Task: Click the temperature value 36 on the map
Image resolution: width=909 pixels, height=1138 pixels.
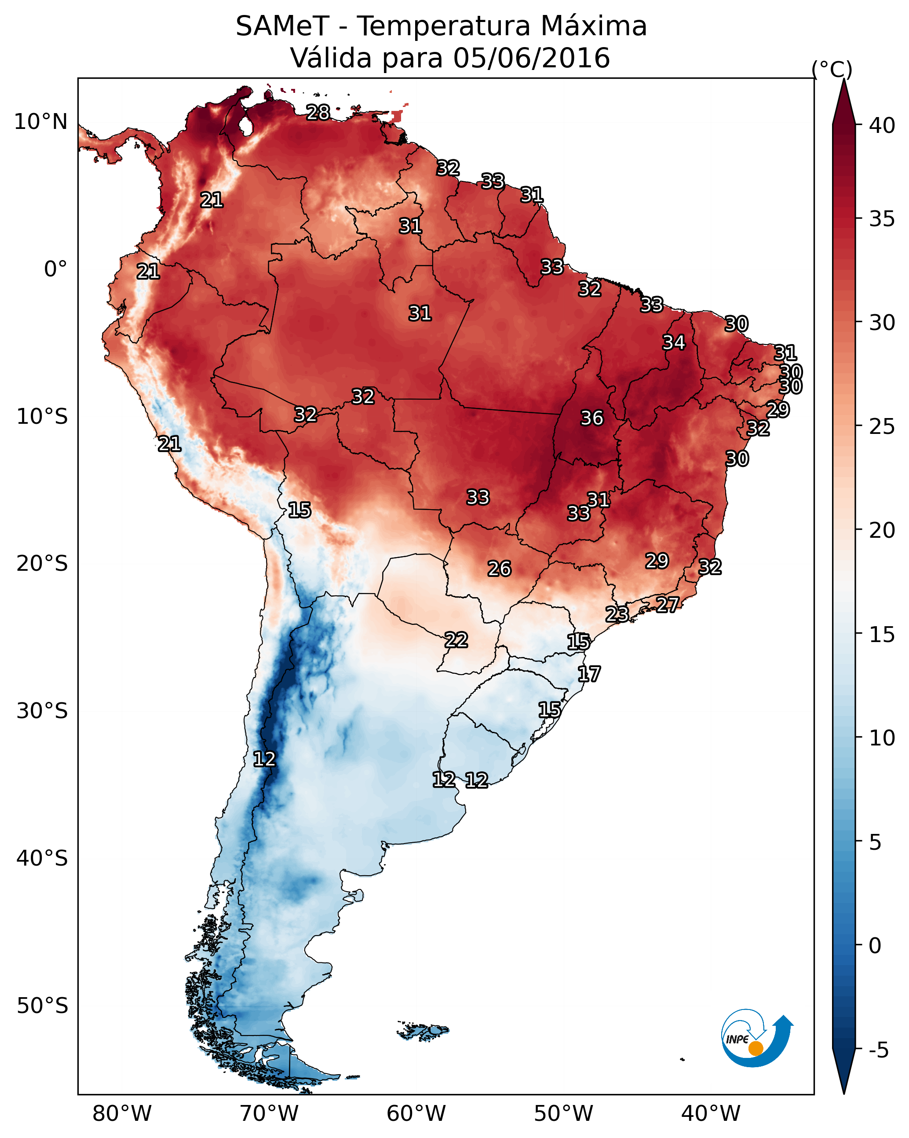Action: (591, 418)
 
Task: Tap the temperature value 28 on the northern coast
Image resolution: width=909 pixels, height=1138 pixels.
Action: (318, 112)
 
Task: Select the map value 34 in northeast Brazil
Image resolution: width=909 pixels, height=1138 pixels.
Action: (674, 342)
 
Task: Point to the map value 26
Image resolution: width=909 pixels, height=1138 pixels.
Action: (499, 569)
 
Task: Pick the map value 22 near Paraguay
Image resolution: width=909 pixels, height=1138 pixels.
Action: (456, 640)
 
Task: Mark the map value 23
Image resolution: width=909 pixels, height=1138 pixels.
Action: (617, 614)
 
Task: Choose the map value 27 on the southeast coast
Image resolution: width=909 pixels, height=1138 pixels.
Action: (668, 604)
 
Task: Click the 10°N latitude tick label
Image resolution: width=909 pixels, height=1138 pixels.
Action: (40, 122)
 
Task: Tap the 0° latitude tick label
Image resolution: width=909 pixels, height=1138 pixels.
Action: (55, 269)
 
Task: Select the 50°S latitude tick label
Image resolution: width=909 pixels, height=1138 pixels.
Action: (42, 1006)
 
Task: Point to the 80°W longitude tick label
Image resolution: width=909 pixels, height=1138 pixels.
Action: (122, 1113)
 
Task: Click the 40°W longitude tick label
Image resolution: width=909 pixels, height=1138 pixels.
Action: (711, 1113)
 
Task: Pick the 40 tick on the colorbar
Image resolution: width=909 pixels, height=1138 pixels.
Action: (882, 125)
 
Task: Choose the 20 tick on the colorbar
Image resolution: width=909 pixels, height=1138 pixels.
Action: (882, 530)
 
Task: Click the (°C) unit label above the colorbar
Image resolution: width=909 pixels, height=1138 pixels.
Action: (832, 69)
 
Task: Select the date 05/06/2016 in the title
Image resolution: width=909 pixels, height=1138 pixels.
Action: (531, 58)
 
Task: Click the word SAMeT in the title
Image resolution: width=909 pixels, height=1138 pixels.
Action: (282, 26)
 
